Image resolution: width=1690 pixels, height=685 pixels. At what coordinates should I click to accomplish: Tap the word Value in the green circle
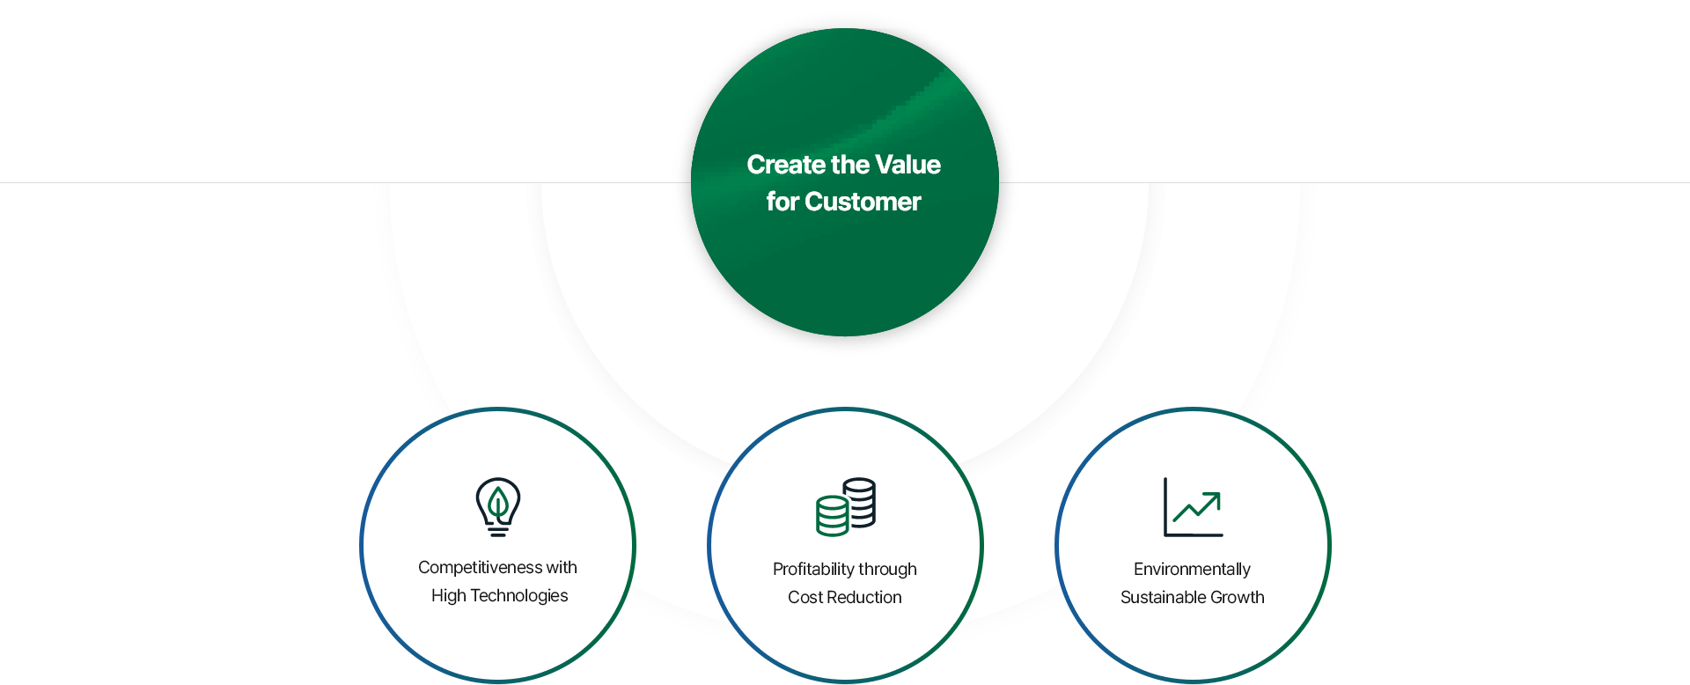coord(907,165)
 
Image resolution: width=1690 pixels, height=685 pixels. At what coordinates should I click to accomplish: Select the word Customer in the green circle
coord(863,202)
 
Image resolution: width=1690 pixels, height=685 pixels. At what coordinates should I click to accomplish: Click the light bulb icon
coord(498,507)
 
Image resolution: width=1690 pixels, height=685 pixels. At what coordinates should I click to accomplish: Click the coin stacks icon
coord(846,507)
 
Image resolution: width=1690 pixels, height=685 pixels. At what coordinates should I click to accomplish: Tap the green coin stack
coord(832,516)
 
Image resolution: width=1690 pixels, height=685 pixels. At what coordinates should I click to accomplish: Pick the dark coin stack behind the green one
coord(860,502)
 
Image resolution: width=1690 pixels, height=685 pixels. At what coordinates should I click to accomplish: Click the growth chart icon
coord(1194,507)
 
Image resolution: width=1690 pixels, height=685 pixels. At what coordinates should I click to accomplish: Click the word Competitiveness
coord(480,568)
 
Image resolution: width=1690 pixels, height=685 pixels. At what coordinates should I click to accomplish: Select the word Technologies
coord(519,596)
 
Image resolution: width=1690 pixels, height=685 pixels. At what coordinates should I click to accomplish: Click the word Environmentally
coord(1192,570)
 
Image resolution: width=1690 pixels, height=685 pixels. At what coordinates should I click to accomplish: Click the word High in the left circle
coord(449,596)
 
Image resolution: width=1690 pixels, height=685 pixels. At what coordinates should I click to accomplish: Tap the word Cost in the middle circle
coord(805,598)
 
